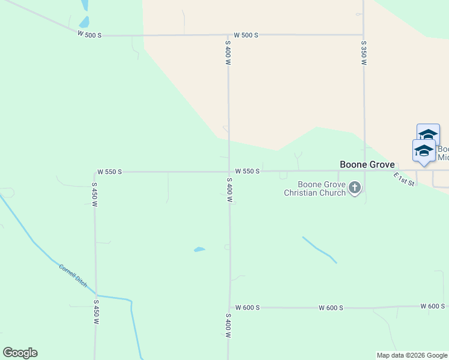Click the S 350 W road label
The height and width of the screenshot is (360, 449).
tap(364, 53)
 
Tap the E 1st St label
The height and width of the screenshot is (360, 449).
tap(404, 179)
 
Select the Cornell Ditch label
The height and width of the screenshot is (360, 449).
tap(73, 274)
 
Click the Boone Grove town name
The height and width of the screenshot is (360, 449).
tap(367, 164)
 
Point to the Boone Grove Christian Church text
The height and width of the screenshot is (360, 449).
tap(315, 188)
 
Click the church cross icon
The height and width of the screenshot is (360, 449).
tap(355, 188)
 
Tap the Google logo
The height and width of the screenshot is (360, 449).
tap(20, 353)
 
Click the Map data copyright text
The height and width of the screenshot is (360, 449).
tap(412, 355)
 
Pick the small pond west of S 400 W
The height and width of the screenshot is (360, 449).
tap(199, 249)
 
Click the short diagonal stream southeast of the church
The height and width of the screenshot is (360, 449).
tap(319, 250)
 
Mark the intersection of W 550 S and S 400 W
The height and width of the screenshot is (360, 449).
tap(229, 172)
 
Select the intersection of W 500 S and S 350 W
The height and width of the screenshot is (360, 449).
tap(363, 34)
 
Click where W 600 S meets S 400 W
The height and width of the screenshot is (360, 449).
tap(230, 308)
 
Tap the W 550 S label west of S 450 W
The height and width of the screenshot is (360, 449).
tap(110, 172)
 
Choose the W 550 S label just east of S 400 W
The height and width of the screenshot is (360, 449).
tap(247, 172)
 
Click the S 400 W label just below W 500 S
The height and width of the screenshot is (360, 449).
tap(228, 53)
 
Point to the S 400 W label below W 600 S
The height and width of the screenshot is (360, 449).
tap(229, 326)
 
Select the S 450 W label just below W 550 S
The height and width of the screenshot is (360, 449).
tap(94, 195)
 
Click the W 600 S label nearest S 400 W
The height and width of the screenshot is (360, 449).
tap(247, 308)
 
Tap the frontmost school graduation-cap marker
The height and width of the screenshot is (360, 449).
tap(424, 152)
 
